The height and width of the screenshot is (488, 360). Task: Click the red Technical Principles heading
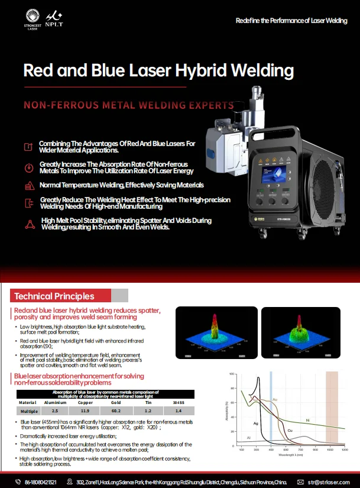(54, 296)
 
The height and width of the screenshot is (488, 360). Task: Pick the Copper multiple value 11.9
(85, 410)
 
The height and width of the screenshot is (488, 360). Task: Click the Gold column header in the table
(115, 402)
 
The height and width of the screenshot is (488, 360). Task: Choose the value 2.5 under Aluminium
(55, 410)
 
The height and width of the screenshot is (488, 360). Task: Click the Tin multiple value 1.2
(148, 410)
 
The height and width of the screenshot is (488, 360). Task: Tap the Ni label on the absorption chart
(307, 420)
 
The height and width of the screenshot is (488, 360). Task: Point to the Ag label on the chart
(255, 424)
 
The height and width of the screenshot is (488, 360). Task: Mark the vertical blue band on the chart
(271, 408)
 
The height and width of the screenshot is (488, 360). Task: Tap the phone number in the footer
(41, 481)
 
